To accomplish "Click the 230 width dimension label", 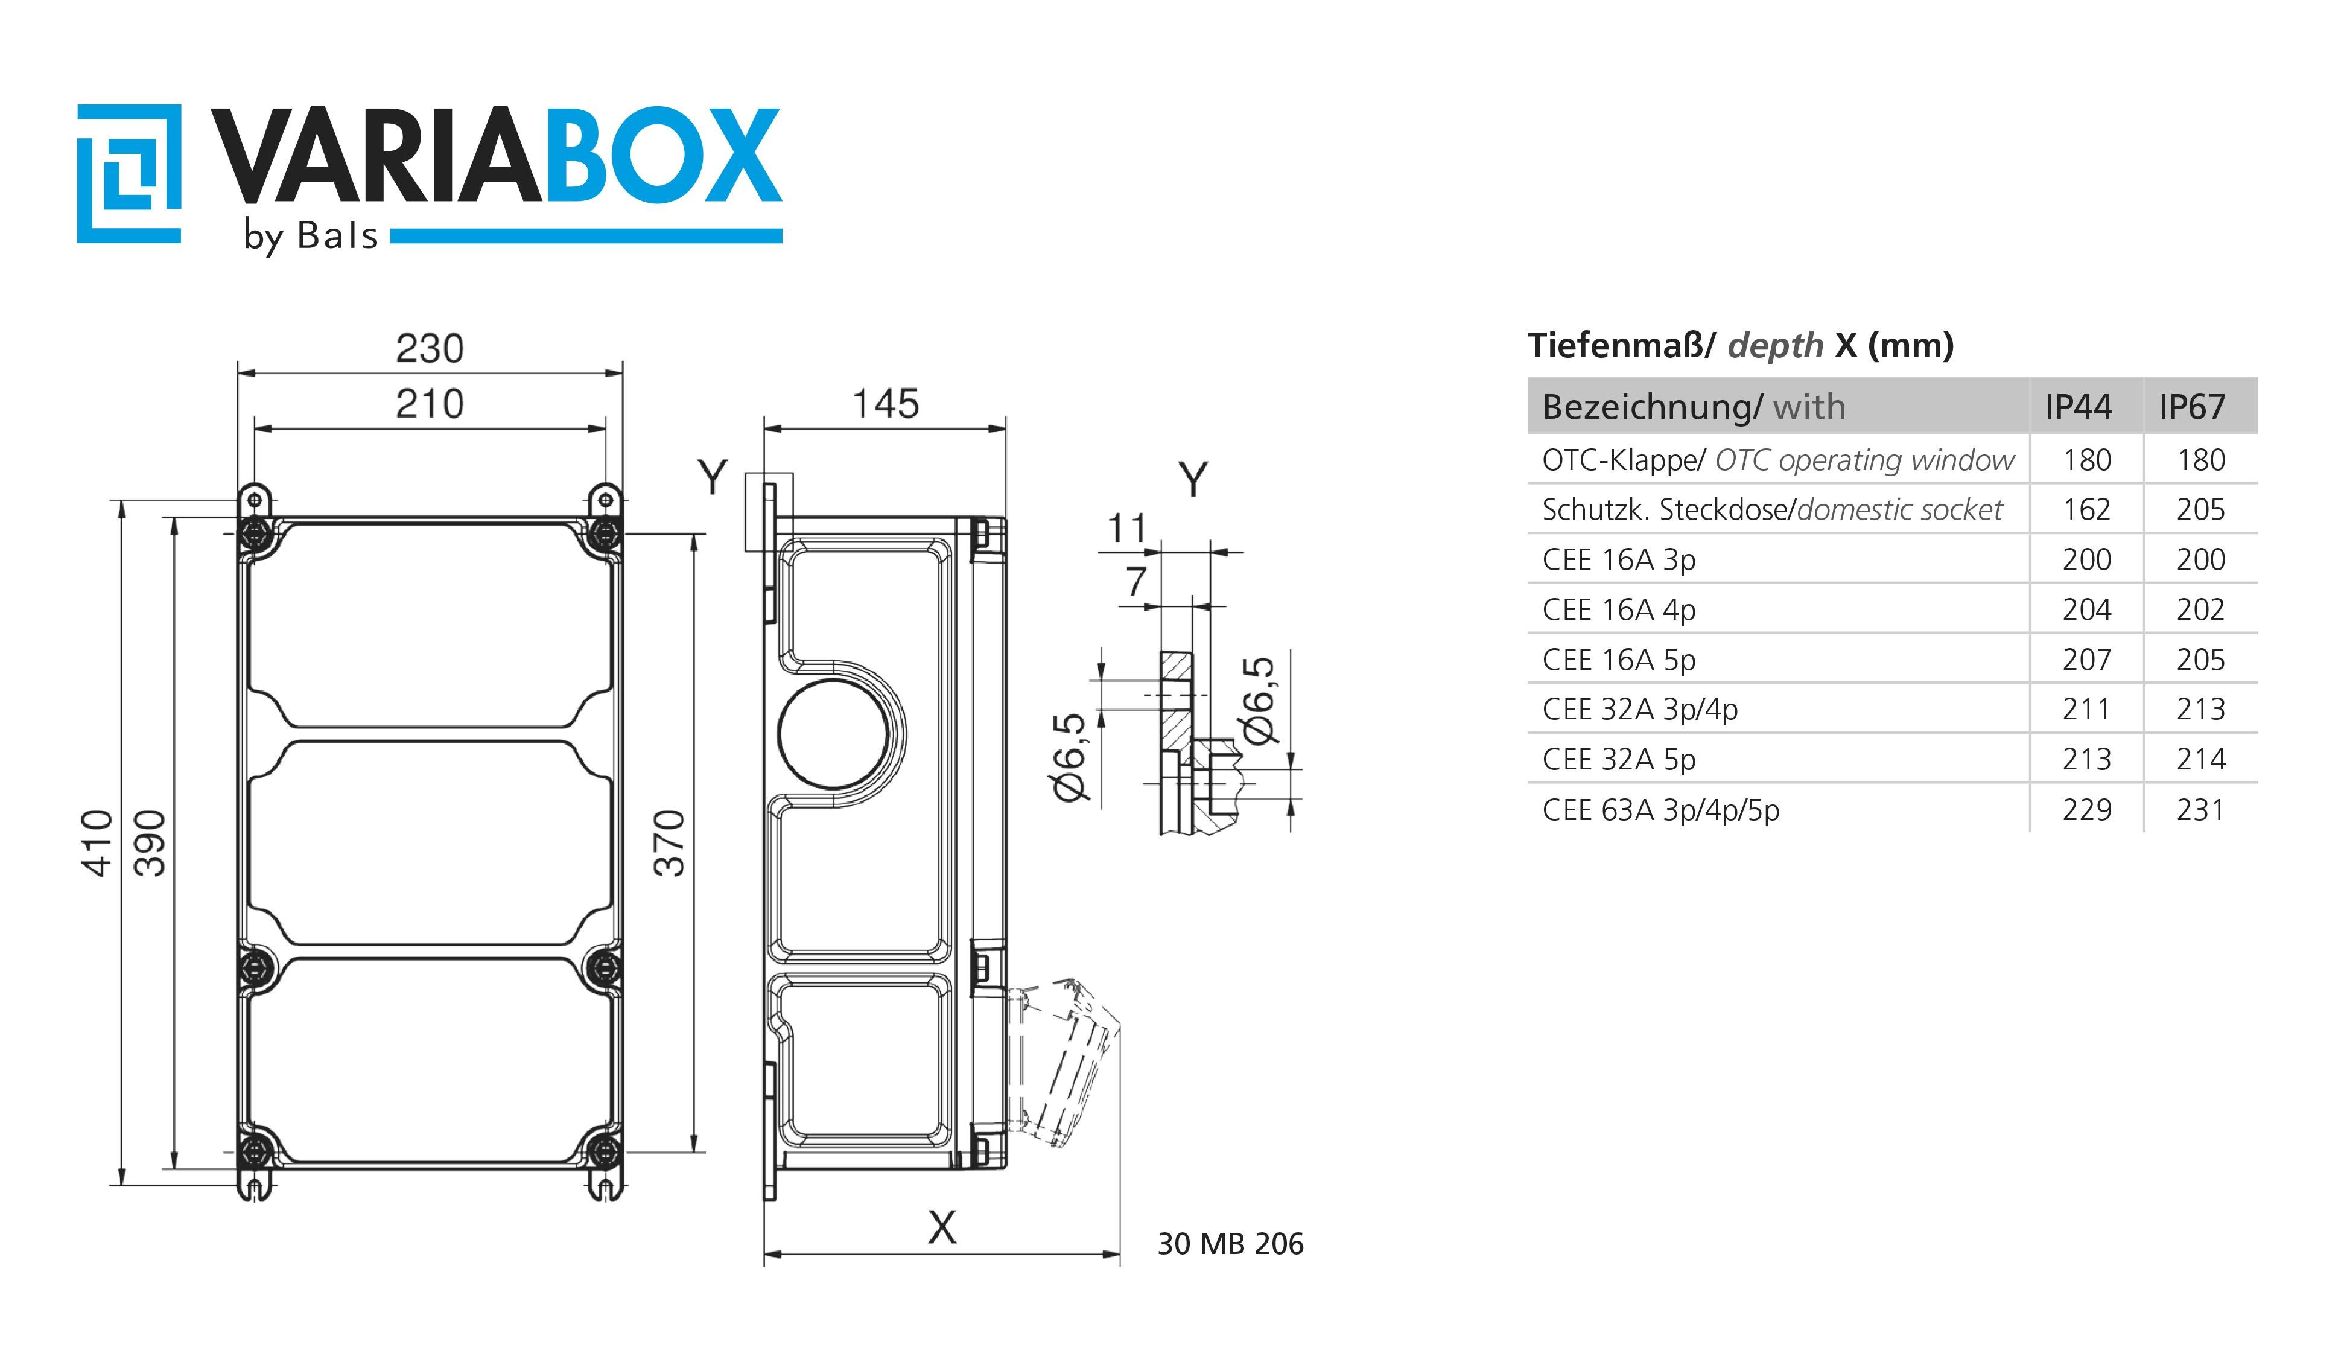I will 429,349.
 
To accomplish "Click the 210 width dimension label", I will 429,405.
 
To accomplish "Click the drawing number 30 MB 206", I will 1230,1244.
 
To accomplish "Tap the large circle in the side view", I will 833,733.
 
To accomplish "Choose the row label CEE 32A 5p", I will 1618,759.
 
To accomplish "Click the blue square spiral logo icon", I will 129,174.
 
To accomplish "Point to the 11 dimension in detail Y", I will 1126,529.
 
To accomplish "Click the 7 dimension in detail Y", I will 1135,584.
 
